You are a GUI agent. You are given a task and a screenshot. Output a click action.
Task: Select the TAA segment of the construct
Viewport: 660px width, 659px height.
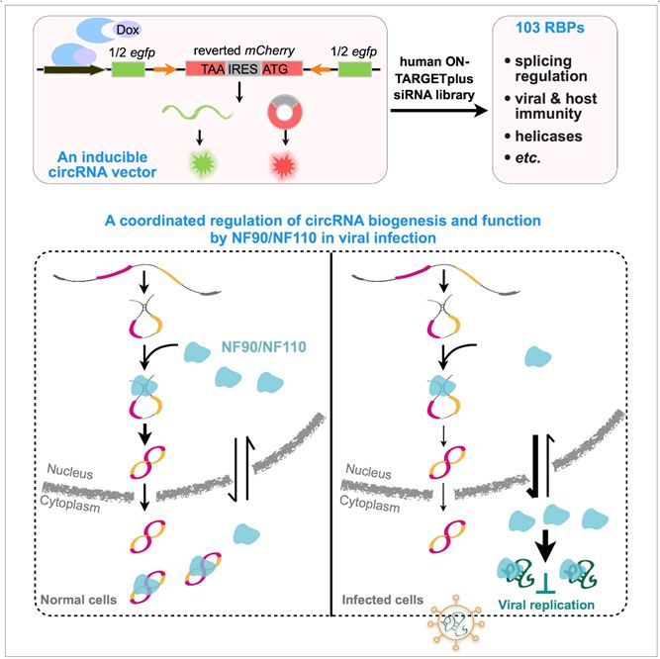(208, 69)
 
